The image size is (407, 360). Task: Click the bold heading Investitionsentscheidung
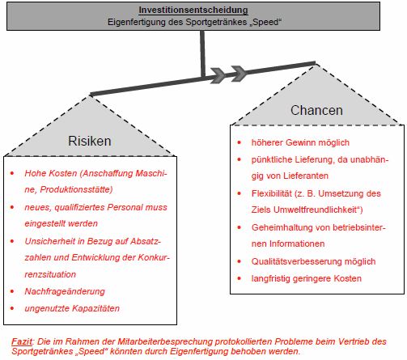tap(203, 10)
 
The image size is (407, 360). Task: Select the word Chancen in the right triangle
tap(316, 110)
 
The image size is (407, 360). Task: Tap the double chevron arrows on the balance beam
tap(228, 74)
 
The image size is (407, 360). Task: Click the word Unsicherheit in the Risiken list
tap(50, 240)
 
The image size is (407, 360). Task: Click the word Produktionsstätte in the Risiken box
tap(84, 188)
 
